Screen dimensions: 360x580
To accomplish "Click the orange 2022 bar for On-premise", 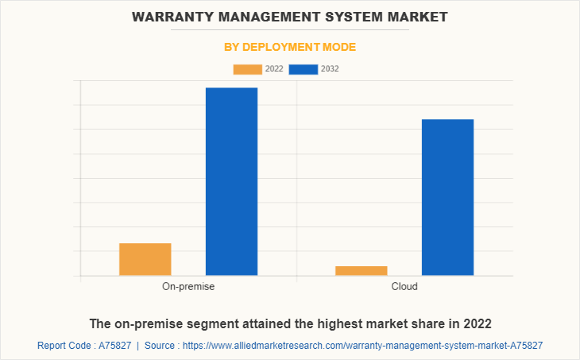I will (x=145, y=259).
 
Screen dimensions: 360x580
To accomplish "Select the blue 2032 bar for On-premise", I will (x=231, y=181).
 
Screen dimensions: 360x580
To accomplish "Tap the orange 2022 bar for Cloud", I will (x=362, y=271).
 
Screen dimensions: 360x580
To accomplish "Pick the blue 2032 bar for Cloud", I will (x=447, y=197).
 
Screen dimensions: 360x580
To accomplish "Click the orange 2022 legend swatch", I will (x=247, y=69).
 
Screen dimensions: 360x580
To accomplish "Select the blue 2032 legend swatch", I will (x=304, y=69).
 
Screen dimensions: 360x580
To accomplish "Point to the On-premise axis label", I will (x=188, y=286).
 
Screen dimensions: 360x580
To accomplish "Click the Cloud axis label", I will (x=404, y=286).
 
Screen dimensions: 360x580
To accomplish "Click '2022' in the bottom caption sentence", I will (x=477, y=323).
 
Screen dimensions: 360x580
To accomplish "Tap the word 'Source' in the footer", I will (x=162, y=346).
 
